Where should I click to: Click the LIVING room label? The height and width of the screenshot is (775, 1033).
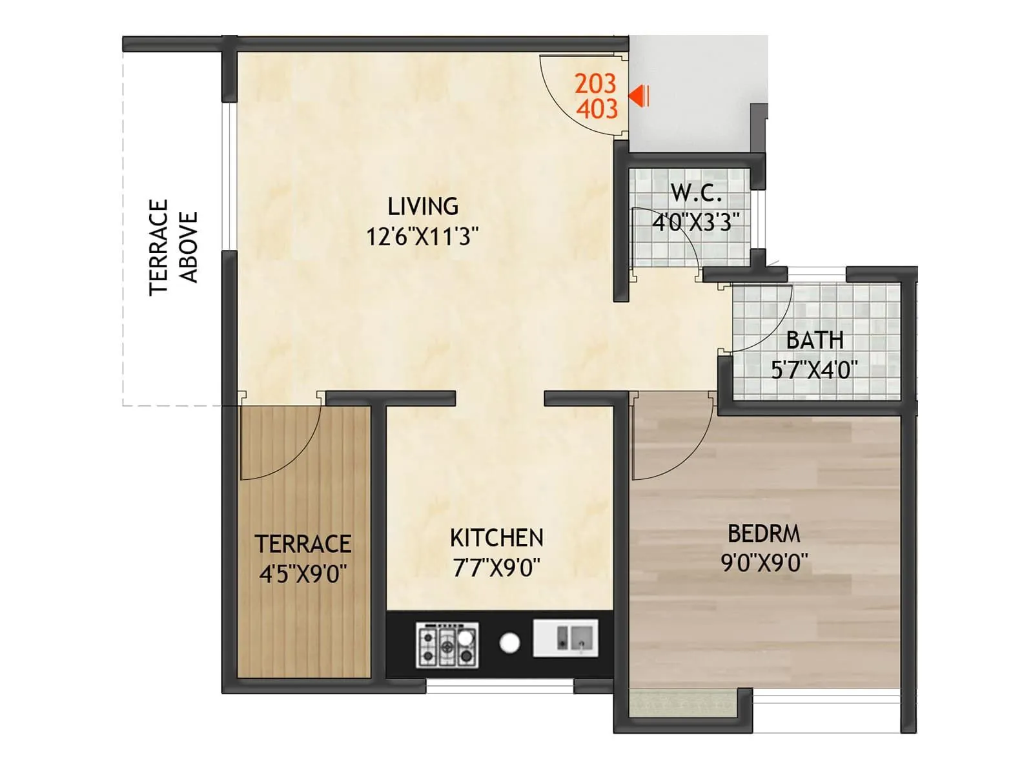(423, 207)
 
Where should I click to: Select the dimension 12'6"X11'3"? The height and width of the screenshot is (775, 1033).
(423, 237)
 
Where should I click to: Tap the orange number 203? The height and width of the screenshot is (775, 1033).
(595, 83)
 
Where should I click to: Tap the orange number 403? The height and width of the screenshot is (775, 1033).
(597, 108)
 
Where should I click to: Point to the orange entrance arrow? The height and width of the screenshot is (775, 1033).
(639, 97)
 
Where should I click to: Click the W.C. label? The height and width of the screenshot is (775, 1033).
(696, 192)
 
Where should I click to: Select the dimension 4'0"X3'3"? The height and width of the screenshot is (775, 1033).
(696, 222)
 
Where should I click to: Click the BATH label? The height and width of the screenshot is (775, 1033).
(815, 340)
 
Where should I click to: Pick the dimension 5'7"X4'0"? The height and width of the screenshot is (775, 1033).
(815, 370)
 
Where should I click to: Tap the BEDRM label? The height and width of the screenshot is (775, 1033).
(764, 533)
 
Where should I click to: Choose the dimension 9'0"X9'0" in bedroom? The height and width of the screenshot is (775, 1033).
(764, 563)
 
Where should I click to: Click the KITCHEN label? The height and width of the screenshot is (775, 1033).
(496, 537)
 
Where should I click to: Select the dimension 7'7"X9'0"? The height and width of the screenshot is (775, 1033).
(496, 568)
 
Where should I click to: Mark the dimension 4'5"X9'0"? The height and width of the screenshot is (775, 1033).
(303, 573)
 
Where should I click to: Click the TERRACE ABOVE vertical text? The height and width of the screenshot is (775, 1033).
(173, 247)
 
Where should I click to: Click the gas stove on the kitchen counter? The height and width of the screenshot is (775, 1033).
(447, 645)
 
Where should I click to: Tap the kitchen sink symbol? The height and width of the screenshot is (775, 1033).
(566, 638)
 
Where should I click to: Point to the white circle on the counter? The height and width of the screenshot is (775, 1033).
(510, 643)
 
